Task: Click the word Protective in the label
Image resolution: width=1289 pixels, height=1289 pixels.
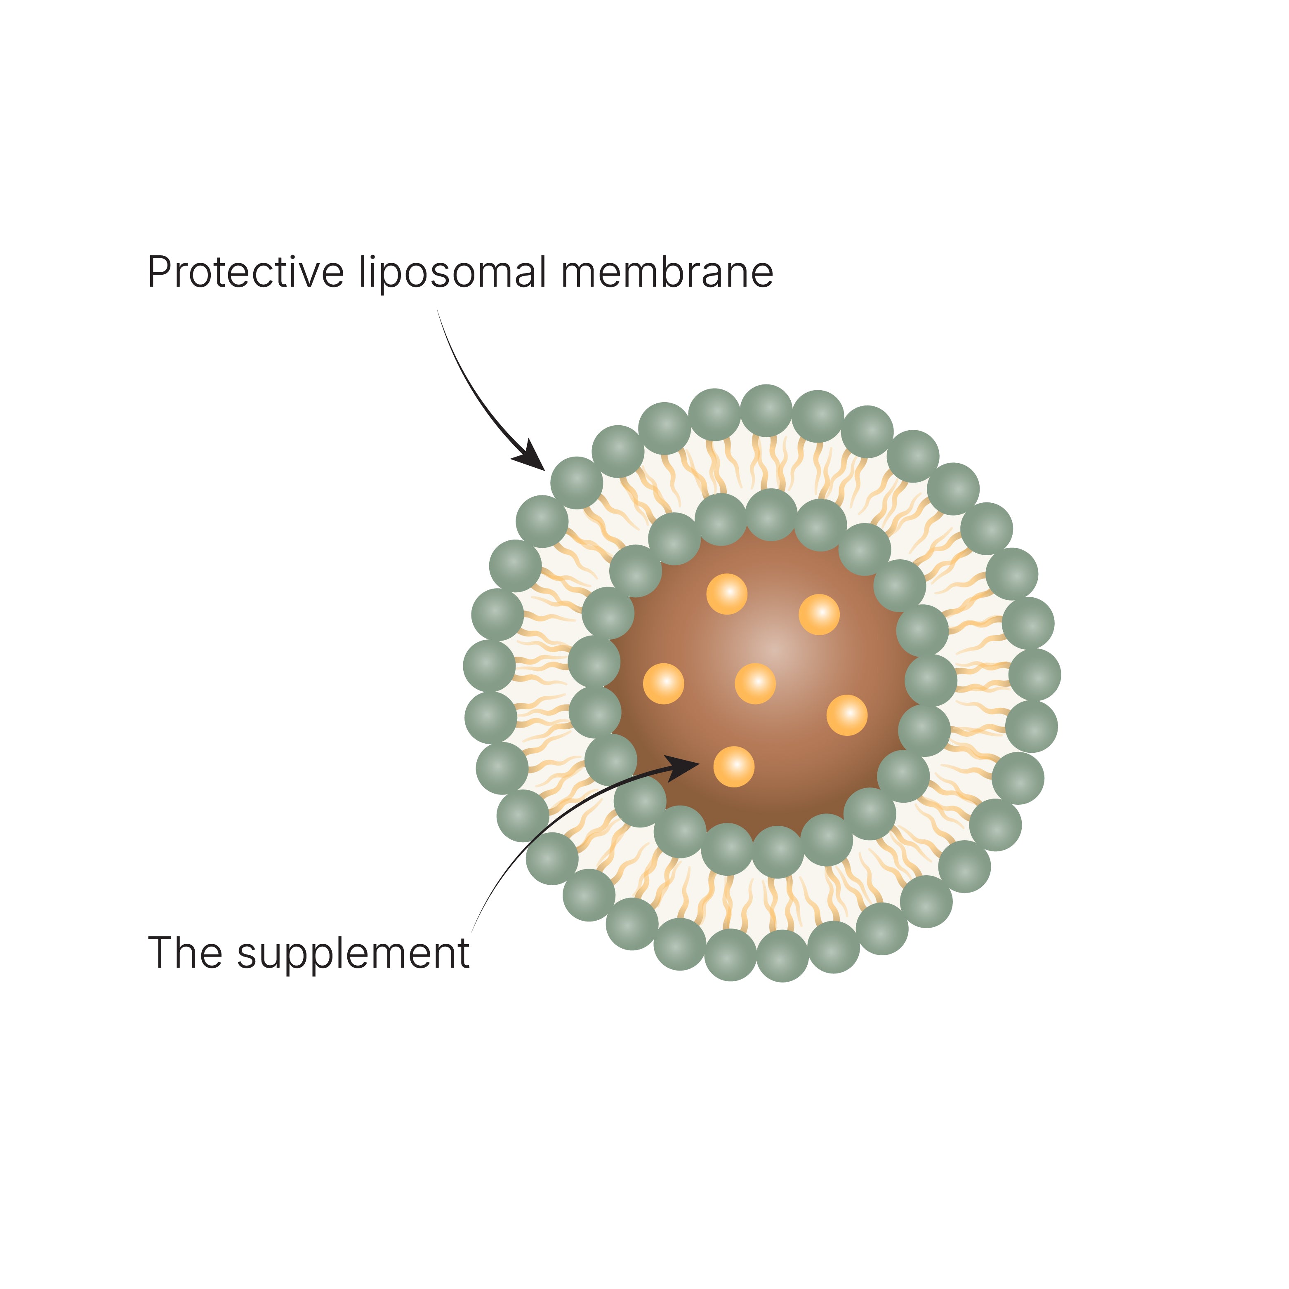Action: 245,273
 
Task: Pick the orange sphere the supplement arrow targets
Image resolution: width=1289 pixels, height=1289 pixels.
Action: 733,767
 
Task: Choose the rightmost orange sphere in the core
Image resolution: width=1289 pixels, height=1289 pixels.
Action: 847,715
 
